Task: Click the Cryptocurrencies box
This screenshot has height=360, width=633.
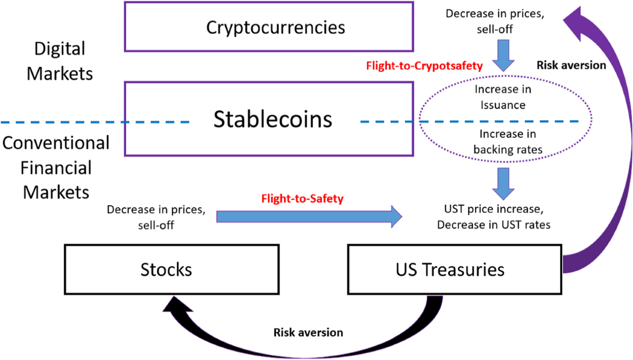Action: click(x=268, y=26)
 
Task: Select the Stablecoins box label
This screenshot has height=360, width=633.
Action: click(x=273, y=120)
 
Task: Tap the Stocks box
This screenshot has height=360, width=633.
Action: click(x=166, y=270)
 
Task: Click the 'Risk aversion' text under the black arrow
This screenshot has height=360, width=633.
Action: click(x=308, y=333)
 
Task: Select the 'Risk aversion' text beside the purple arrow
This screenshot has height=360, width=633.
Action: click(x=571, y=65)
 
